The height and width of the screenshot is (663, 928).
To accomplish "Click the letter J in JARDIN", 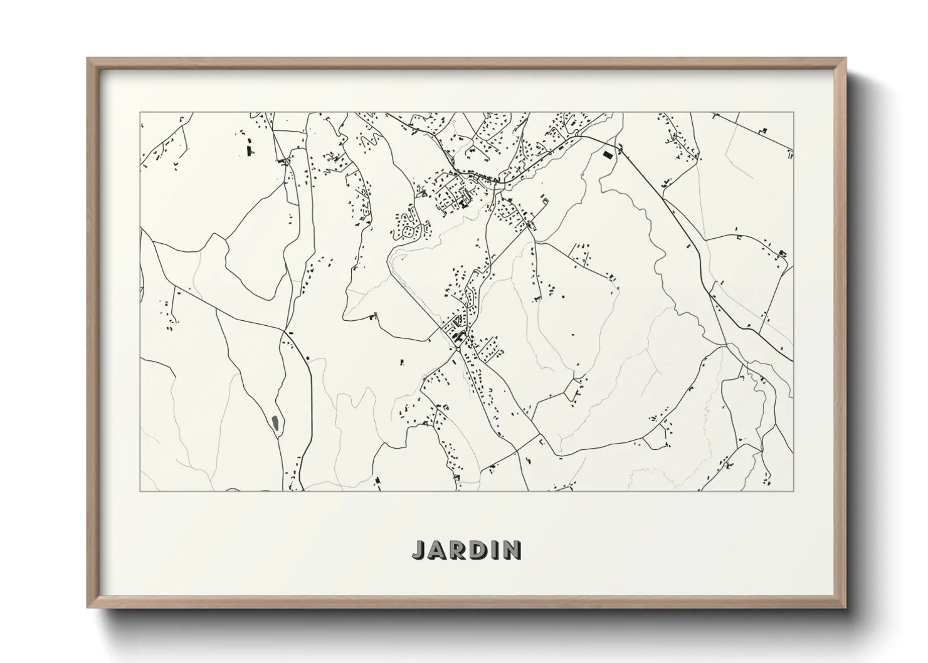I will (419, 550).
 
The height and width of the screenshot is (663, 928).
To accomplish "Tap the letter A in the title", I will (438, 550).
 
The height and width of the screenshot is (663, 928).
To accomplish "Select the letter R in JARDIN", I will (458, 550).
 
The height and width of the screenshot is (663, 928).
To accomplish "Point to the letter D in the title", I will (478, 550).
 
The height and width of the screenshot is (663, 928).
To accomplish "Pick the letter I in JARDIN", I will (493, 550).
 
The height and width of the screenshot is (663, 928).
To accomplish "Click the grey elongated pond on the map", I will (276, 424).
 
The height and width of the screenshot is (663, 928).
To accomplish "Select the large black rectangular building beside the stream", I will (606, 154).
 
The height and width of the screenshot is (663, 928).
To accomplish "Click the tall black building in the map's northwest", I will (248, 150).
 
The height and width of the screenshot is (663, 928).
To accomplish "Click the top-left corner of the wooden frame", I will (88, 59).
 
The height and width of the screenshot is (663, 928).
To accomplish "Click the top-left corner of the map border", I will (140, 112).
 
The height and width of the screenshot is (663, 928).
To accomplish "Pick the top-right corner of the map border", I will (794, 112).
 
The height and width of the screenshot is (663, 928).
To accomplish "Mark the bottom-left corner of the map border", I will (140, 491).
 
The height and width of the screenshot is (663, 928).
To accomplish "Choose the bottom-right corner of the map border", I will (794, 491).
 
